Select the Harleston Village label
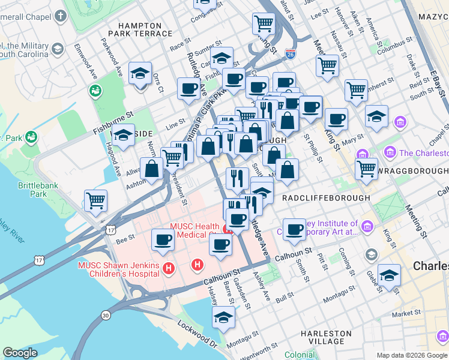point(326,337)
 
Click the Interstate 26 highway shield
point(291,54)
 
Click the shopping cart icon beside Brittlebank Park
point(96,200)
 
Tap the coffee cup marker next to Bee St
point(163,240)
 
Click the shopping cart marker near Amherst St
point(356,91)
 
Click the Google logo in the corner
point(20,353)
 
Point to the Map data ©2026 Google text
point(411,355)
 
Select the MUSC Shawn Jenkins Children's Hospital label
point(118,269)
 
